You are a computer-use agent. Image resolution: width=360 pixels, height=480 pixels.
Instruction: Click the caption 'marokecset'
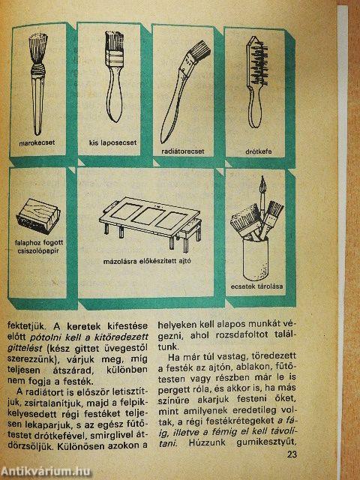[37, 142]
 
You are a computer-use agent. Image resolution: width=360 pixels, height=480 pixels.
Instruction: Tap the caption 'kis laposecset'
[113, 142]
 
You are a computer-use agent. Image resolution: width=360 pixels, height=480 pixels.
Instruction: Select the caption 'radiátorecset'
[183, 151]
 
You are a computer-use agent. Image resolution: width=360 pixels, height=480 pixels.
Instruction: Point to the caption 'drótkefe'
[258, 151]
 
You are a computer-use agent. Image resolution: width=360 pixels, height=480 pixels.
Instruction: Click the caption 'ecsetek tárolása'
[256, 286]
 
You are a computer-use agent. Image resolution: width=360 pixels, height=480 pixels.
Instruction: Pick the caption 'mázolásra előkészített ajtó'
[147, 262]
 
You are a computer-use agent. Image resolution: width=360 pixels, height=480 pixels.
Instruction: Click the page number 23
[292, 454]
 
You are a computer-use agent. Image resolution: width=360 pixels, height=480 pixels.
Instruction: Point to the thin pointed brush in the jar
[262, 196]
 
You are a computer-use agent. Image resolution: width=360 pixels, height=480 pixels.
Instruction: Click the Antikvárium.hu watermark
[46, 472]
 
